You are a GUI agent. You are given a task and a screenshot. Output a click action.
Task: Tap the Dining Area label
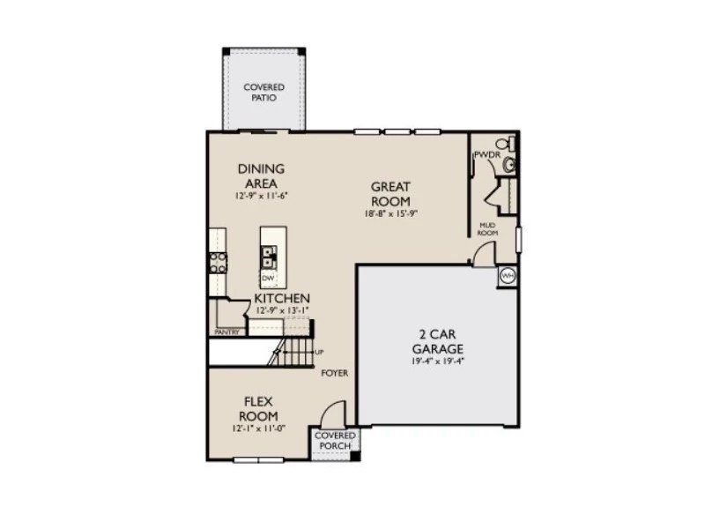262,175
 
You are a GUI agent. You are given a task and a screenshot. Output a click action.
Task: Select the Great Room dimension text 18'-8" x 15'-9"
391,213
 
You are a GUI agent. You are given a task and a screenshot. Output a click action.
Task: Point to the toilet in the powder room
505,144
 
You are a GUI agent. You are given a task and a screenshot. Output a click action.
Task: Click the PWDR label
486,156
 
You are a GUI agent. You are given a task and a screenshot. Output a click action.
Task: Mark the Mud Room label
489,228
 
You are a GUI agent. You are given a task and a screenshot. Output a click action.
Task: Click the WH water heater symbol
508,276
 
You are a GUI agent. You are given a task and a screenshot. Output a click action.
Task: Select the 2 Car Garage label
437,341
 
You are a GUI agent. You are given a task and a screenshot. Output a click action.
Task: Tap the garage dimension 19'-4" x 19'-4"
437,361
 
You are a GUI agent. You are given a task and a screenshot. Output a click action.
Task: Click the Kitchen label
282,299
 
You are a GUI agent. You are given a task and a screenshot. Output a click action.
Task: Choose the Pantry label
226,332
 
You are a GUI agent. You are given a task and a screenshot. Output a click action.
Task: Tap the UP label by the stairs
318,352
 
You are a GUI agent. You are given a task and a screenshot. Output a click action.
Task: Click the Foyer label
334,373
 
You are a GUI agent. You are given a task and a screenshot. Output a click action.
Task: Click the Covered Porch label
335,441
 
